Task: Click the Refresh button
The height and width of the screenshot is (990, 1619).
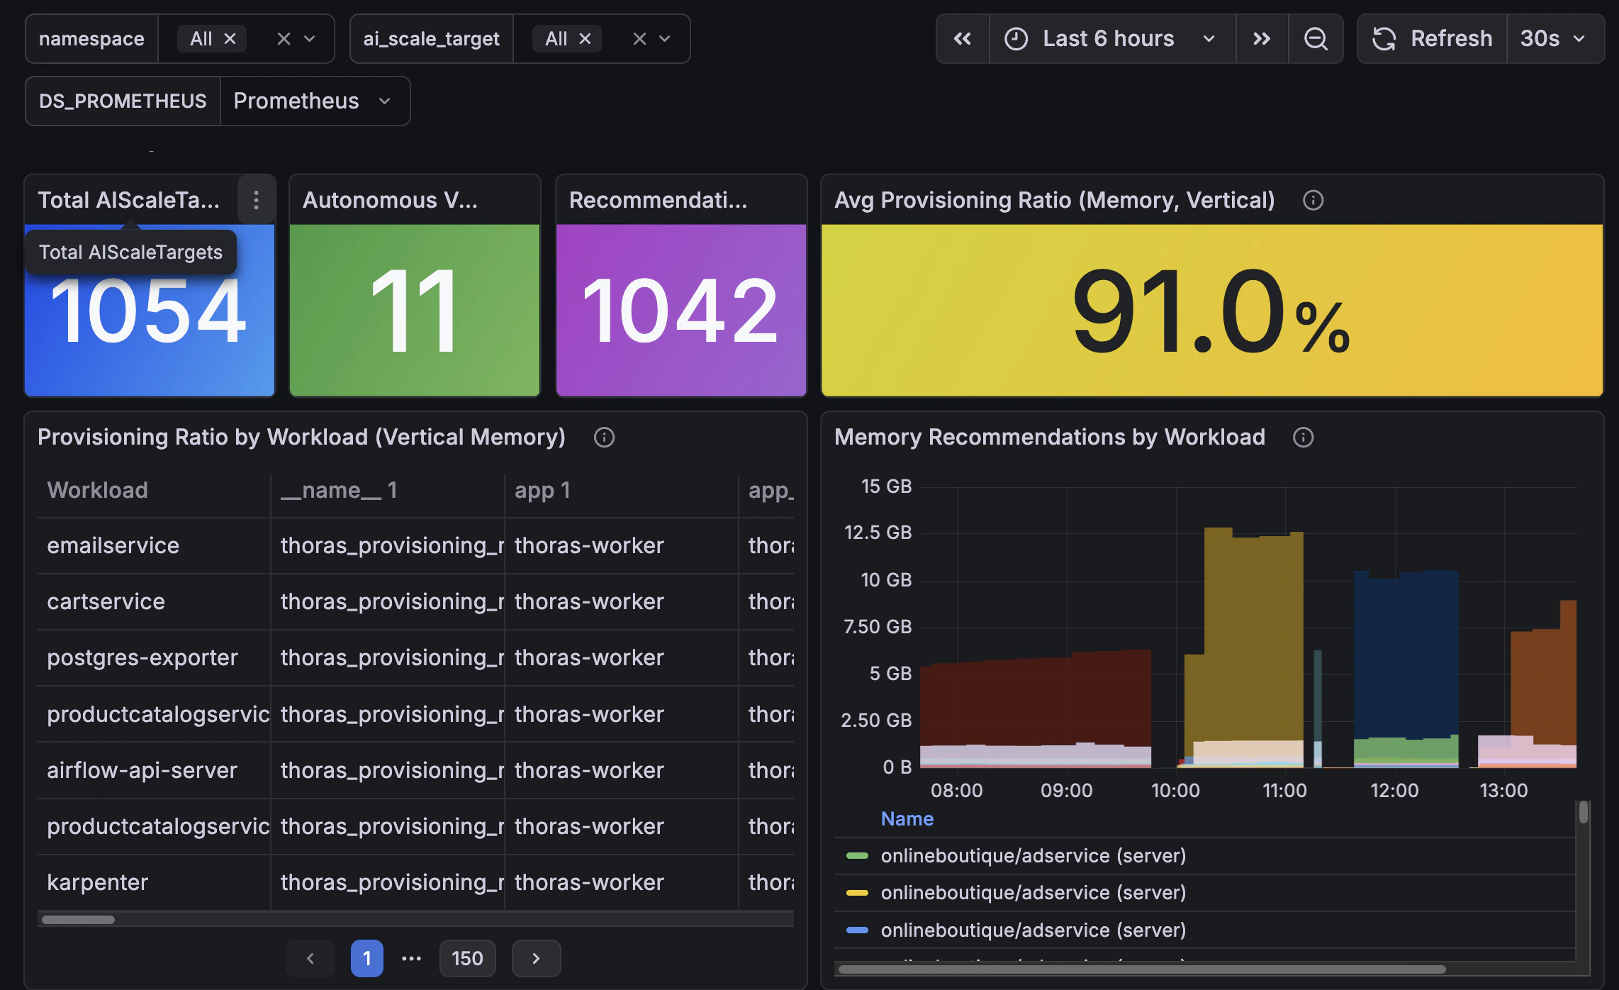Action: [1433, 39]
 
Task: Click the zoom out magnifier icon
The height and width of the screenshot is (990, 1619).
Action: [1316, 39]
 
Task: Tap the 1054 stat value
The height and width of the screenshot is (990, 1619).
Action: [149, 311]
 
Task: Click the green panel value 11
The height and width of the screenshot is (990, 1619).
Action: [415, 311]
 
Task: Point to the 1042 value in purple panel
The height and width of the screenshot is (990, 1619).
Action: [680, 311]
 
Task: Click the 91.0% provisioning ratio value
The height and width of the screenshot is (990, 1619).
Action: [1211, 311]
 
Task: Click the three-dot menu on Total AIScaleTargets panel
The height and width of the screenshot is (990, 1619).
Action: [256, 200]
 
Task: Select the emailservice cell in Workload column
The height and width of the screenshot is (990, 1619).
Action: [113, 545]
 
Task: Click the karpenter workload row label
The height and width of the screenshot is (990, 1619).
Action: [98, 882]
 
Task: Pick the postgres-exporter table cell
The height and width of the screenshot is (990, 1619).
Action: [142, 657]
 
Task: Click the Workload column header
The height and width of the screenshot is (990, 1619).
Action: [98, 490]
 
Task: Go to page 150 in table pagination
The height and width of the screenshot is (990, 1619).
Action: [467, 959]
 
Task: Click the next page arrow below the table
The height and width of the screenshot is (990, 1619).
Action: [536, 959]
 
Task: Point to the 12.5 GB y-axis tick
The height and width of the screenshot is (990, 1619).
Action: [878, 533]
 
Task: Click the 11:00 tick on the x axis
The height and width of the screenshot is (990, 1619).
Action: [1284, 791]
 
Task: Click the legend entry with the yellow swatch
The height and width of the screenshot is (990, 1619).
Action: [1033, 893]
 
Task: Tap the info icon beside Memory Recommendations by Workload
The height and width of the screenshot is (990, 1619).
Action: [1303, 438]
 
